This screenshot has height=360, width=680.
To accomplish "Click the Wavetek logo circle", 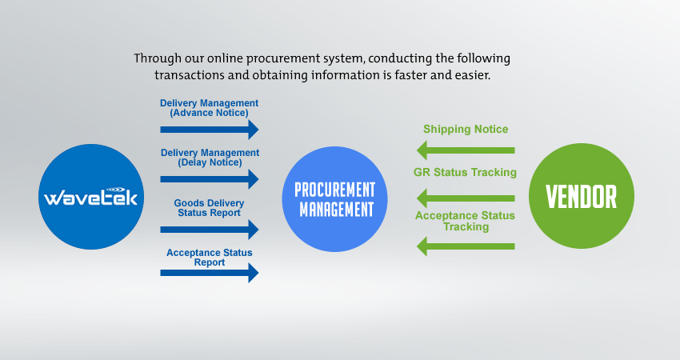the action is pyautogui.click(x=91, y=197).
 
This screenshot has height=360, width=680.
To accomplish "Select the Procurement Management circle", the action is pyautogui.click(x=334, y=199).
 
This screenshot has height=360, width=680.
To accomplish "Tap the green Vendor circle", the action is pyautogui.click(x=582, y=196).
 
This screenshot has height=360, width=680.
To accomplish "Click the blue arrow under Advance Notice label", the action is pyautogui.click(x=210, y=130).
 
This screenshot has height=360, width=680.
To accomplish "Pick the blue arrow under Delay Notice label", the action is pyautogui.click(x=210, y=179).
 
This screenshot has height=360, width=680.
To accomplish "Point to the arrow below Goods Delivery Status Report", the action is pyautogui.click(x=210, y=230).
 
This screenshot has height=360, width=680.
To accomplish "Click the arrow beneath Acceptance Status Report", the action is pyautogui.click(x=210, y=273).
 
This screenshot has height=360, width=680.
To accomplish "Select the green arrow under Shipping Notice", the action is pyautogui.click(x=466, y=150).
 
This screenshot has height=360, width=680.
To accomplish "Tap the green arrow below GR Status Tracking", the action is pyautogui.click(x=466, y=198).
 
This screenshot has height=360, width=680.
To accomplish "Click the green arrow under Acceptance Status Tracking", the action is pyautogui.click(x=466, y=246).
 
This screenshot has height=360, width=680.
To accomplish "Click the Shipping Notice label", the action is pyautogui.click(x=466, y=130).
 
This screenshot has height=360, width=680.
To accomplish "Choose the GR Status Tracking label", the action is pyautogui.click(x=465, y=172).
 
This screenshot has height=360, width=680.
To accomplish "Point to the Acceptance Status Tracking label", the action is pyautogui.click(x=465, y=222).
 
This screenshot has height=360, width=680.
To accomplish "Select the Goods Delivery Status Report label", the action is pyautogui.click(x=209, y=208).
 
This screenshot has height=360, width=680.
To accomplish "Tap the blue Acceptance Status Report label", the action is pyautogui.click(x=210, y=258).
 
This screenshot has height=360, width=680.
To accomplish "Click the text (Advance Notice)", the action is pyautogui.click(x=209, y=113).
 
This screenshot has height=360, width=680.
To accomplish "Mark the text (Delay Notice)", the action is pyautogui.click(x=210, y=162).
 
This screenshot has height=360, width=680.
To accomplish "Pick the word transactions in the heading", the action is pyautogui.click(x=189, y=75).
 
